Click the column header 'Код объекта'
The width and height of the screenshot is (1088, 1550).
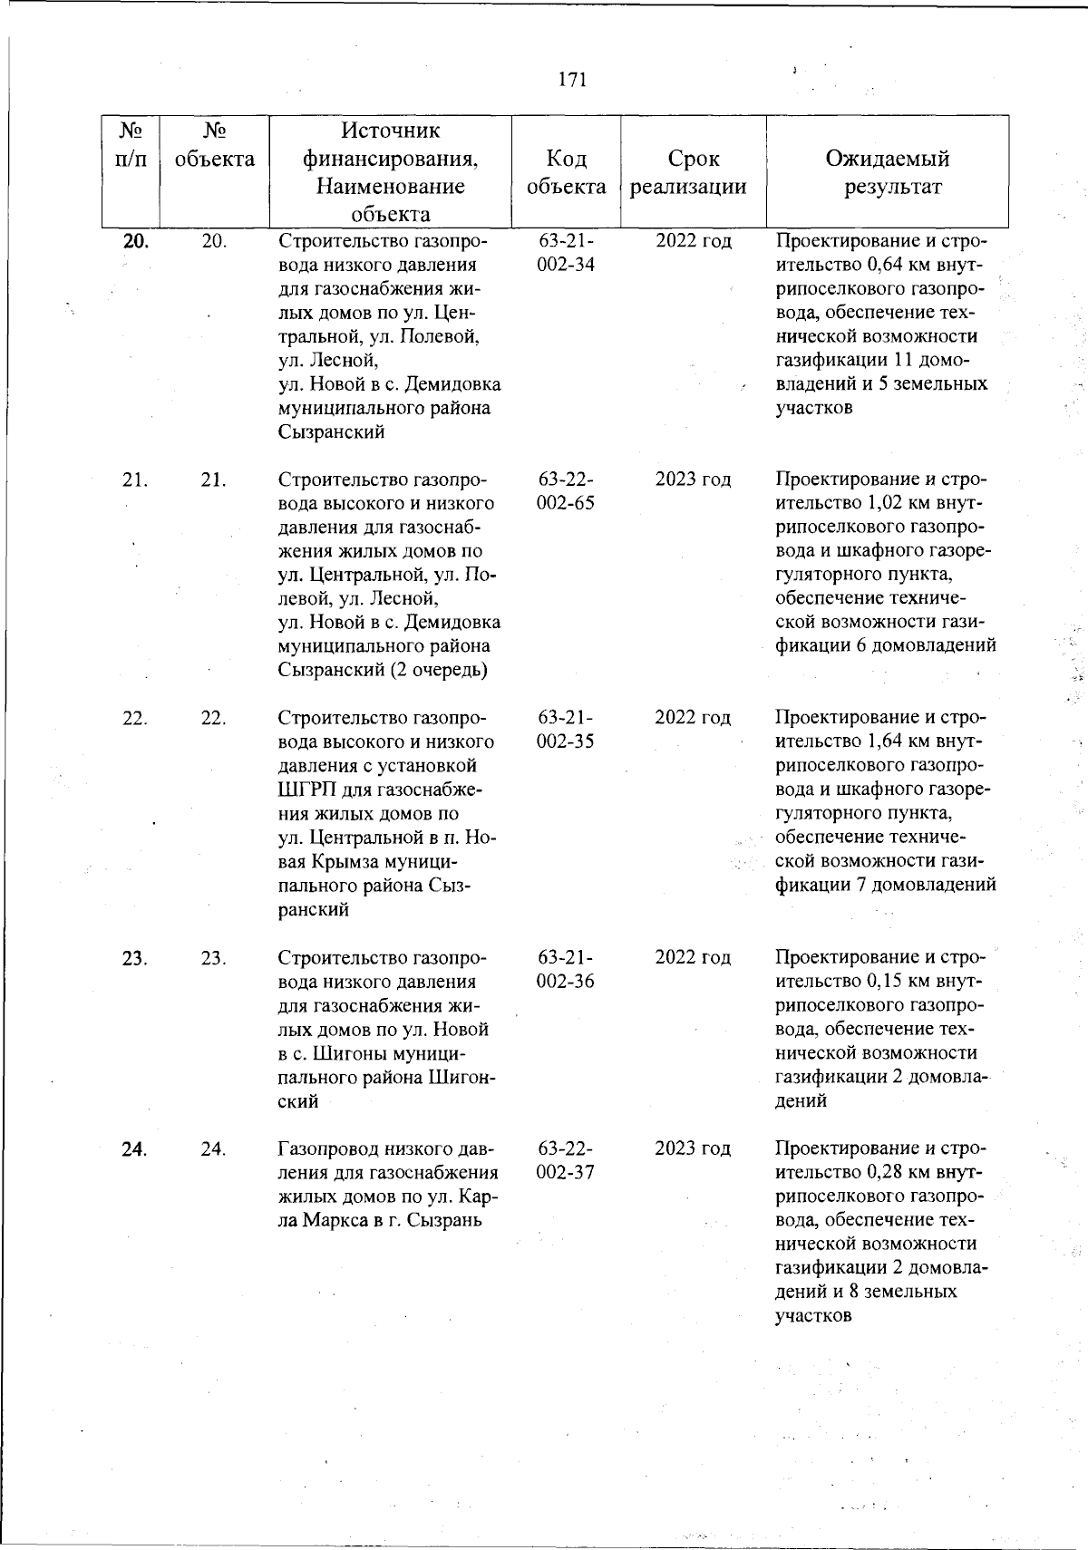tap(566, 172)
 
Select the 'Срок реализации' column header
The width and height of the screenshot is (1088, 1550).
tap(693, 172)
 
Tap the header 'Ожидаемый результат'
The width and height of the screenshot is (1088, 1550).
tap(887, 172)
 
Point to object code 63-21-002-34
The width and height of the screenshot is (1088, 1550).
tap(566, 254)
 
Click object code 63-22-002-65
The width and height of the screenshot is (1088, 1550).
tap(566, 491)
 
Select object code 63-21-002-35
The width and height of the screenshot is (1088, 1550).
tap(566, 730)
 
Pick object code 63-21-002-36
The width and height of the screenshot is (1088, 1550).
tap(566, 970)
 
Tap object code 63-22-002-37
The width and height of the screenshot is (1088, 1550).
tap(566, 1160)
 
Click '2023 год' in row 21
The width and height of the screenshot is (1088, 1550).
tap(693, 480)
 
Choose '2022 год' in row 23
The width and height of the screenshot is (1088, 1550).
tap(693, 958)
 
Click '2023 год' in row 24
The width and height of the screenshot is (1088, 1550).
tap(693, 1148)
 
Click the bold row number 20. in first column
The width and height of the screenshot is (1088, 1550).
tap(135, 241)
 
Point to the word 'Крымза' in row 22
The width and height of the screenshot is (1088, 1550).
tap(338, 861)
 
